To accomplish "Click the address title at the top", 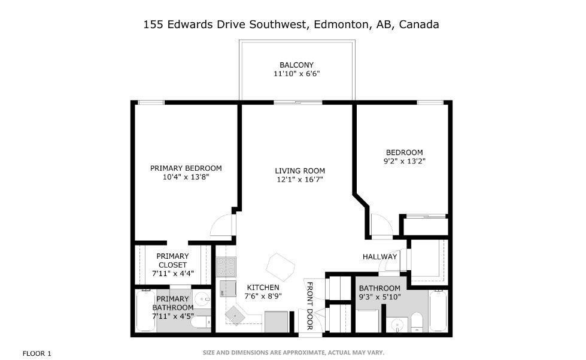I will pos(292,25).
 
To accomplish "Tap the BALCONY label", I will pos(296,65).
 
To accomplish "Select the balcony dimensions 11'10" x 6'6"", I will pos(296,74).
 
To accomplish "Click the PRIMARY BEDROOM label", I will pos(186,168).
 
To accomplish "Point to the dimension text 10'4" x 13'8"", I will pos(186,177).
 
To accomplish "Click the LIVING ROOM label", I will pos(299,171).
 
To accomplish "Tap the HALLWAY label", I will pos(379,257).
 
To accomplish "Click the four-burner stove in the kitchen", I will pos(226,265).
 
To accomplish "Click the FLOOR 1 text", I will pos(37,353).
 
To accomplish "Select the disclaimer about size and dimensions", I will pos(293,353).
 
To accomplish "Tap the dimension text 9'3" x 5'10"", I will pos(379,297).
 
